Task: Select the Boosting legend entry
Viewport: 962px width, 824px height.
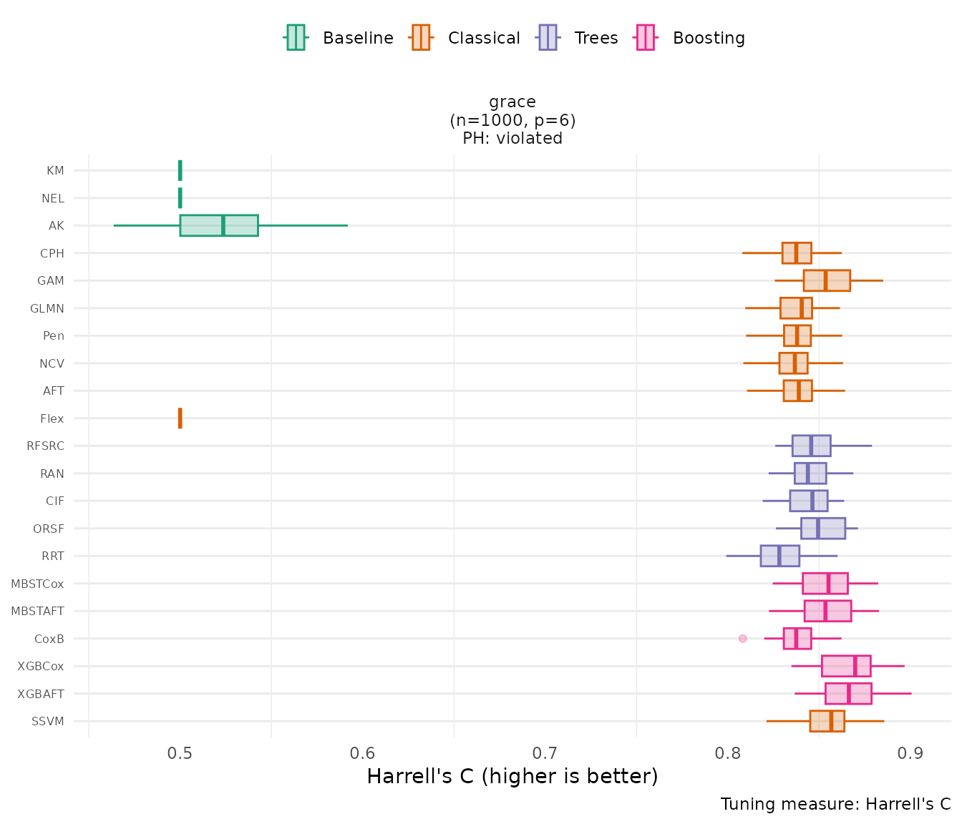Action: point(690,38)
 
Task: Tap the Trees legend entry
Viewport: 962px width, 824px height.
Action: point(578,38)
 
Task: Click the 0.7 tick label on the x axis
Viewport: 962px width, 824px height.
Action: point(545,752)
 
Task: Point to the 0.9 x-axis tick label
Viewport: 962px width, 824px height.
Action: point(911,752)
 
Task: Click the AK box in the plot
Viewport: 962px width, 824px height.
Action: point(219,225)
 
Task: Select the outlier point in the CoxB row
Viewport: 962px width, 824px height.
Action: point(742,638)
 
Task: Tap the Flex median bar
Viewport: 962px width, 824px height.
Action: point(180,418)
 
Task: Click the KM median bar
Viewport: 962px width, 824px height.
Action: point(180,170)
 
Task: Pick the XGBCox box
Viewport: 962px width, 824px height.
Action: point(846,666)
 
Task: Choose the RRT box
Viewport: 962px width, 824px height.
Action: point(779,556)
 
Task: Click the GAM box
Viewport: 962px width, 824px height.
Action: point(827,280)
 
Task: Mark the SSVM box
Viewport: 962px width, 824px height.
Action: point(827,721)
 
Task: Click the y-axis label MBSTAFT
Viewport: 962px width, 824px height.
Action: point(37,612)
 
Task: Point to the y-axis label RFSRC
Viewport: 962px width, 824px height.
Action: point(45,446)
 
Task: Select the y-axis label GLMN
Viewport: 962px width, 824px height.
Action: point(47,309)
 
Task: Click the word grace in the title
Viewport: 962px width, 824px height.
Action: point(512,102)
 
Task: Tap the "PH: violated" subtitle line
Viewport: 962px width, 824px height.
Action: point(512,138)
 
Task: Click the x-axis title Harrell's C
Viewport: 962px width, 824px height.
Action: point(512,776)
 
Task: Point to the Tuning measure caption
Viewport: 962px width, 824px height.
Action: point(835,804)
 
